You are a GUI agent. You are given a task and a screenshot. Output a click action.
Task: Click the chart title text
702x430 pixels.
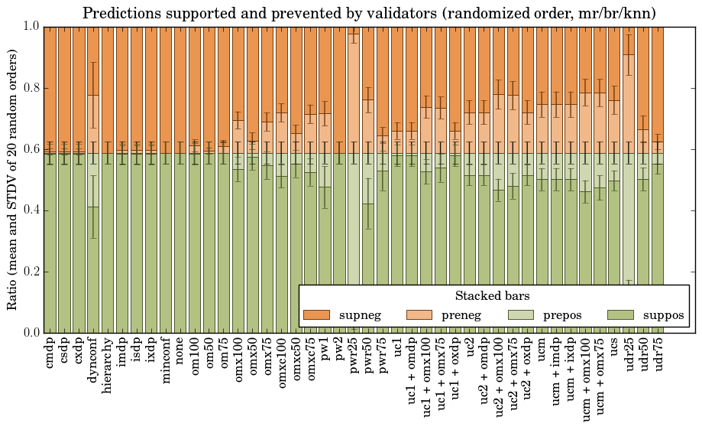click(x=369, y=13)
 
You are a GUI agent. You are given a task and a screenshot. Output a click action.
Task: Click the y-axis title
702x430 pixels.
click(x=13, y=179)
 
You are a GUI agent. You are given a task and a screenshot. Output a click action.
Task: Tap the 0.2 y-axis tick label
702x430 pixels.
click(x=30, y=272)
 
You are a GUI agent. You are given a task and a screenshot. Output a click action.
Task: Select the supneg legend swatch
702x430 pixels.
click(x=316, y=314)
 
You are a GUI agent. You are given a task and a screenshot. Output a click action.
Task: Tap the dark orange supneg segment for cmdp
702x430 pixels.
click(x=50, y=84)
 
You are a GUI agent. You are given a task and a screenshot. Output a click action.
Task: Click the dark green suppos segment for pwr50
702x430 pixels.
click(x=368, y=268)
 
